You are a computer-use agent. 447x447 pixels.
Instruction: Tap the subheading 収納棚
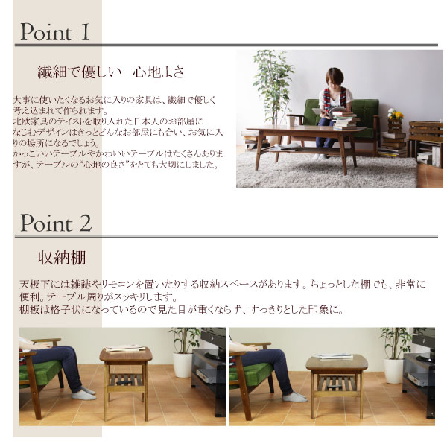pos(62,258)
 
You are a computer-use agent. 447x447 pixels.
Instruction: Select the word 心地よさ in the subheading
pos(159,72)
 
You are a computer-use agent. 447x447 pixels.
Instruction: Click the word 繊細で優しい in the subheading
pos(76,72)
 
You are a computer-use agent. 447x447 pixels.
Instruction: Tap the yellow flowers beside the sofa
pos(395,114)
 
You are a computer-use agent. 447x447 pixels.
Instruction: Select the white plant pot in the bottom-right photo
pos(393,370)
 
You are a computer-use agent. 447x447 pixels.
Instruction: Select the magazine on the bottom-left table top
pos(124,348)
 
